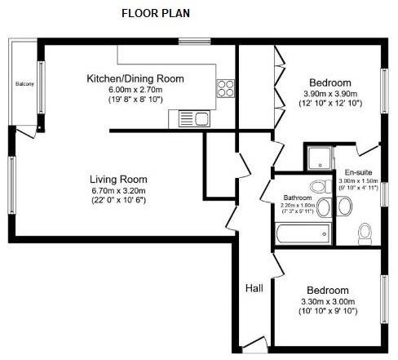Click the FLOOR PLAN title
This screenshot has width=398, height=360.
click(x=155, y=13)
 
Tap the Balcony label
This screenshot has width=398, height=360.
click(x=23, y=83)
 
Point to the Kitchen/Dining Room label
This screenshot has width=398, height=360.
click(x=135, y=78)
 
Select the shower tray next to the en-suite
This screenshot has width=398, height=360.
click(x=316, y=157)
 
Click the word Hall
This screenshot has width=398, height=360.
click(x=254, y=288)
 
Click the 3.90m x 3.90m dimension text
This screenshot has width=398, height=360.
click(x=330, y=94)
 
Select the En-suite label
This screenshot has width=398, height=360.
click(x=357, y=173)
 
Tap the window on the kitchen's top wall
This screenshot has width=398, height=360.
click(x=190, y=42)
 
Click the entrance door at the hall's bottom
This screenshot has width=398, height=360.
click(x=253, y=345)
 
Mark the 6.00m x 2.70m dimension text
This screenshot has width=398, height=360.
click(x=135, y=90)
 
